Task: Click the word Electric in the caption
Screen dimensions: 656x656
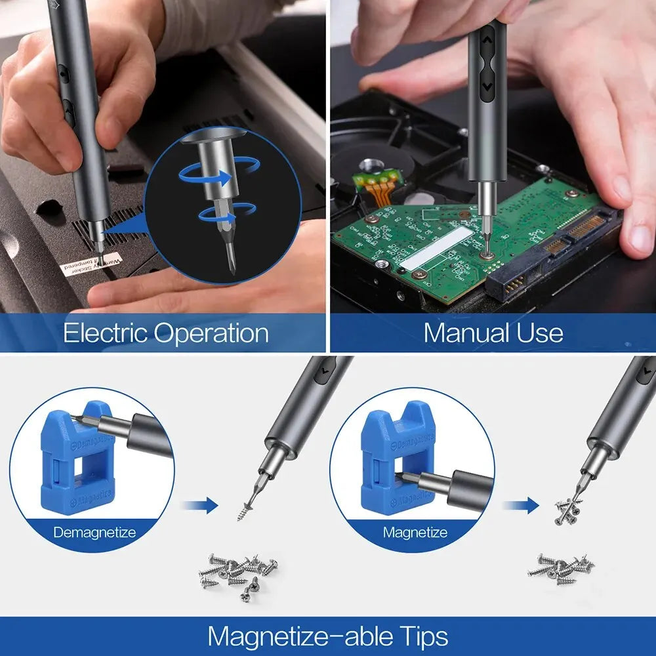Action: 105,333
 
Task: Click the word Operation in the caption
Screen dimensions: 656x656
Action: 212,333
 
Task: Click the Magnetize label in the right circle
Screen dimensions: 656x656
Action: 415,532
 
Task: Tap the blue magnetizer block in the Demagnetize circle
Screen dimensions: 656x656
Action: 75,459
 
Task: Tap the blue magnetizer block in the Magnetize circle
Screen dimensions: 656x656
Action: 394,459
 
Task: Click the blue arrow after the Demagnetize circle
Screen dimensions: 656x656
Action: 200,505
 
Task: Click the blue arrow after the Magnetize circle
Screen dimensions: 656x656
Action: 520,505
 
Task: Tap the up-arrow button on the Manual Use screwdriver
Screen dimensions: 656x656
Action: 487,40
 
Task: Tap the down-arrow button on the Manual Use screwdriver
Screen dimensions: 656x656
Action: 487,85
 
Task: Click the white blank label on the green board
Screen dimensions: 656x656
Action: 436,249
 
